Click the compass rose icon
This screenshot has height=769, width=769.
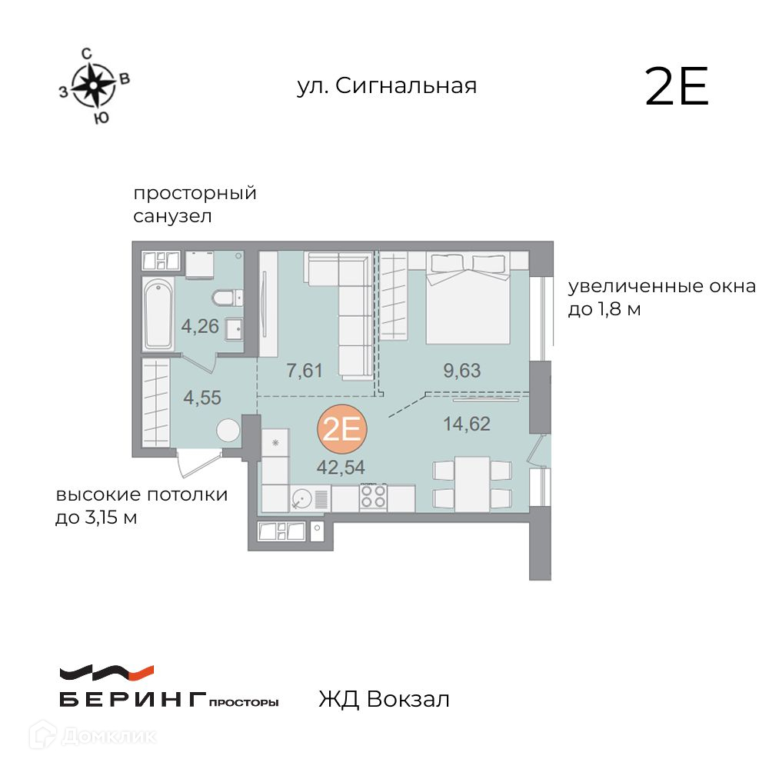[x=93, y=85]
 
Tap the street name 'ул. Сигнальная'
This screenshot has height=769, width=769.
[x=387, y=86]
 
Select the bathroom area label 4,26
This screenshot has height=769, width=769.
[x=200, y=326]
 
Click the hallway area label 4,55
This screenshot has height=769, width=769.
[x=202, y=398]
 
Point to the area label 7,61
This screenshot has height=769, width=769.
[x=304, y=371]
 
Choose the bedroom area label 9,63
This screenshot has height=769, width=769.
[x=462, y=371]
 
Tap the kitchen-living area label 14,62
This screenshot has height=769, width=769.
[x=467, y=424]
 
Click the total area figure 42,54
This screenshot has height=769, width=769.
[x=341, y=468]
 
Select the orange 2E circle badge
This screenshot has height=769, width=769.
[x=342, y=429]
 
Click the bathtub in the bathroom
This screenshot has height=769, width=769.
[x=158, y=314]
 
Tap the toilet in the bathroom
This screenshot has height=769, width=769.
[x=227, y=297]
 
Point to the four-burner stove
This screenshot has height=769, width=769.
[x=373, y=496]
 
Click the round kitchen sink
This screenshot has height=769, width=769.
[x=301, y=499]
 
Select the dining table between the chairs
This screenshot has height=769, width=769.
[x=472, y=484]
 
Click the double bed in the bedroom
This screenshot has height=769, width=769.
[x=468, y=298]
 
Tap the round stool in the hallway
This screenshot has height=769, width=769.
[x=228, y=431]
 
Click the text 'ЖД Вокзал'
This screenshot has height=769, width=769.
[x=384, y=699]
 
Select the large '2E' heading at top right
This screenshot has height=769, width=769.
[x=677, y=86]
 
